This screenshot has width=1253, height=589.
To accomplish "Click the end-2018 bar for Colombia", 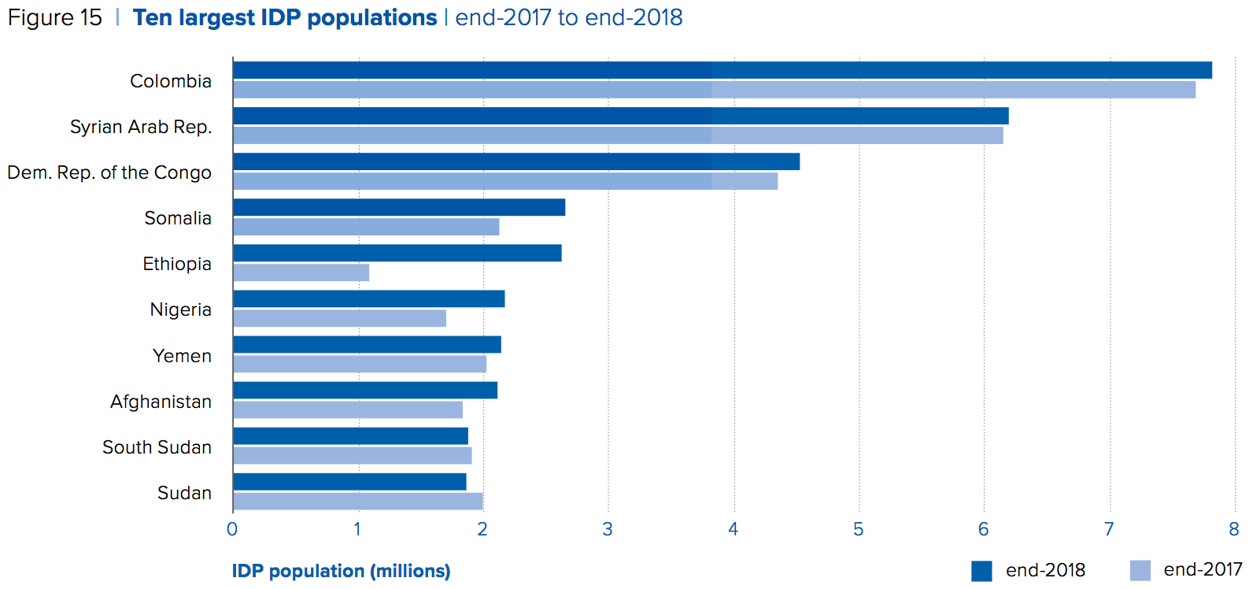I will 723,70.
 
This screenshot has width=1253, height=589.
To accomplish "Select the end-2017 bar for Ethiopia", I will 301,272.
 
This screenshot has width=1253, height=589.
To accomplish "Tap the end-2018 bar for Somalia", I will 399,207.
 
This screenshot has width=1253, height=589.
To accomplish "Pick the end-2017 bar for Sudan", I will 358,502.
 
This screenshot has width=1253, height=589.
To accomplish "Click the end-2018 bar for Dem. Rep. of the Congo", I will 516,161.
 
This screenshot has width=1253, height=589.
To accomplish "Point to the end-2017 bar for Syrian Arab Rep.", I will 618,135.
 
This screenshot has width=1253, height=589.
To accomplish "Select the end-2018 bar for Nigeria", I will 369,298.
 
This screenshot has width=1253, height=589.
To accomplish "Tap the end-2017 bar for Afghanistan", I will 348,409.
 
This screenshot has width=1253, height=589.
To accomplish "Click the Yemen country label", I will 182,356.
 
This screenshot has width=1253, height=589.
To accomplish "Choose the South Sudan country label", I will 157,447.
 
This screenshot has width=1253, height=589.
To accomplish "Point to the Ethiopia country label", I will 177,264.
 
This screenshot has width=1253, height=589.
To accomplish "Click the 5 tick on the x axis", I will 858,529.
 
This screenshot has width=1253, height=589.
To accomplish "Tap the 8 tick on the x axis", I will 1233,529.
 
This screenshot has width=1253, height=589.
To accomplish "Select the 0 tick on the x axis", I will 232,529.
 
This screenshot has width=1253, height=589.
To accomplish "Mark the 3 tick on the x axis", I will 608,529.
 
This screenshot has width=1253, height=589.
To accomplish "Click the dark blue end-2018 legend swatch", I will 981,571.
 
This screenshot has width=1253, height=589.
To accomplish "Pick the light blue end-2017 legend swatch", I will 1140,570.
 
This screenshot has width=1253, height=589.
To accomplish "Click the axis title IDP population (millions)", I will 341,571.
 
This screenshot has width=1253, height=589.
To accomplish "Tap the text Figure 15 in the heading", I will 55,18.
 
